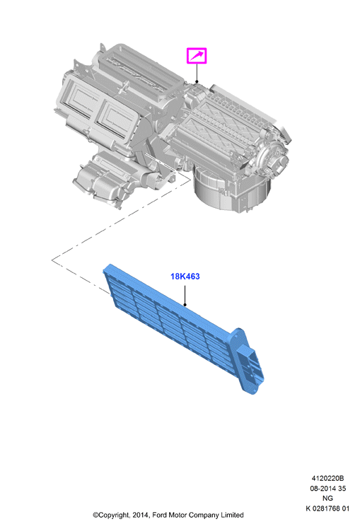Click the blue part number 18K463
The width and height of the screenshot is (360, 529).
coord(185,277)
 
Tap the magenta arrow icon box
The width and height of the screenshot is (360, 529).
coord(197,56)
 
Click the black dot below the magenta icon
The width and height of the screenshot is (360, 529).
coord(197,81)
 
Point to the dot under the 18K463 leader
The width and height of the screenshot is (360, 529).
coord(185,305)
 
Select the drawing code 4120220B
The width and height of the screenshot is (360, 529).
coord(327,478)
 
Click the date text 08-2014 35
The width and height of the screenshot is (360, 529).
coord(328,488)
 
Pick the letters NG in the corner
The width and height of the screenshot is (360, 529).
coord(327,498)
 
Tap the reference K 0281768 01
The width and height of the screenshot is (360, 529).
coord(327,508)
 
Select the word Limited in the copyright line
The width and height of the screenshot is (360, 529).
coord(232,515)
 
